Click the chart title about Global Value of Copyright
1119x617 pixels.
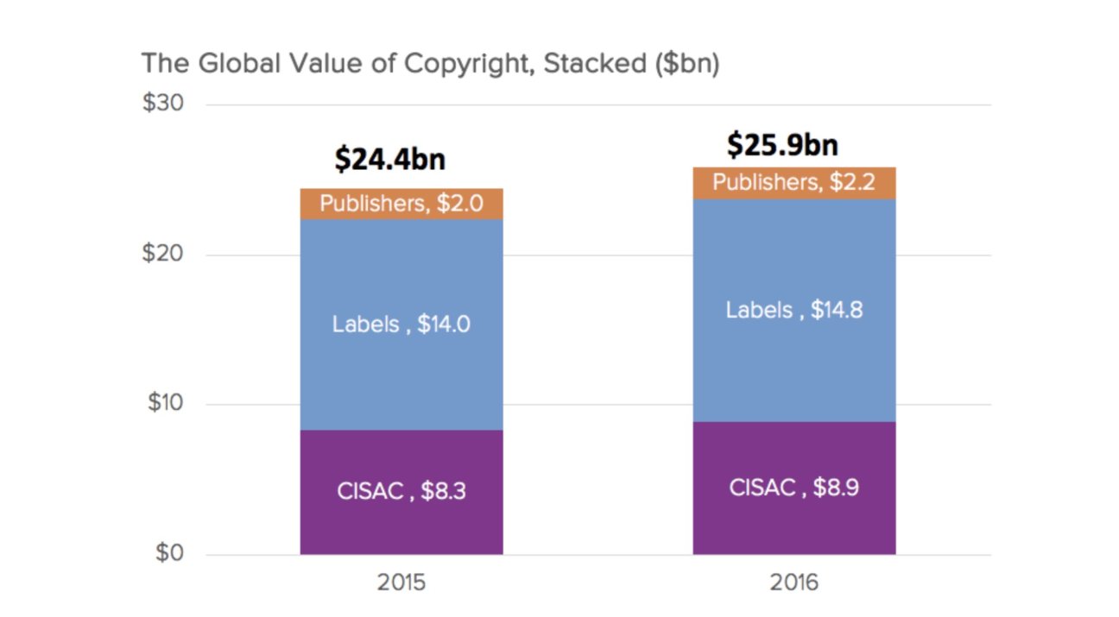point(429,64)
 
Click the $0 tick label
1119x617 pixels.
point(169,553)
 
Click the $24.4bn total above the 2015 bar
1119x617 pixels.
point(390,160)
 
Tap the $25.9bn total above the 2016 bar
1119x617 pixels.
point(782,145)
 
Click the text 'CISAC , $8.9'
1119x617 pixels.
point(793,488)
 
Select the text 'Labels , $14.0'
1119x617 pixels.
point(401,324)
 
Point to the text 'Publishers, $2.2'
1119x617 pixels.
point(793,182)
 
